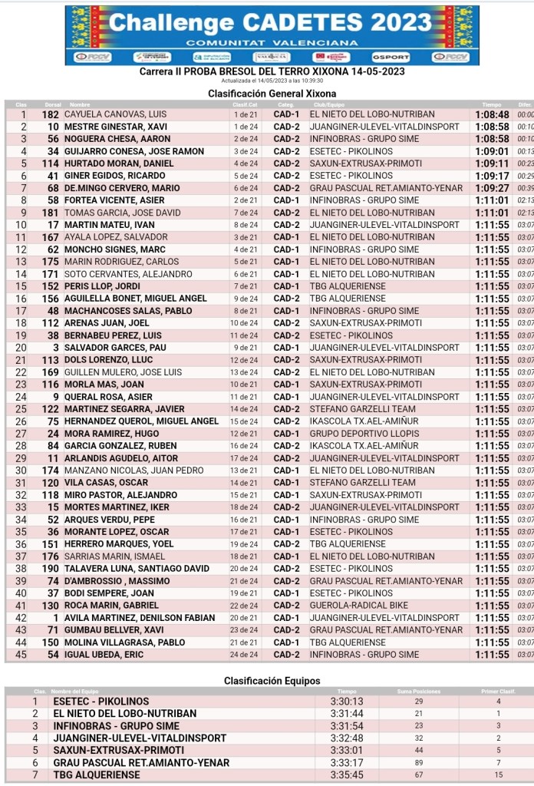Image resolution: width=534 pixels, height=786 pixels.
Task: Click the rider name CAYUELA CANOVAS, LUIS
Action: (115, 114)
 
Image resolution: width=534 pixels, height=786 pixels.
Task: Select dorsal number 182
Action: (51, 114)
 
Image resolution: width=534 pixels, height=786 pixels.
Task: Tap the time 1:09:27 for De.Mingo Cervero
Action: (493, 188)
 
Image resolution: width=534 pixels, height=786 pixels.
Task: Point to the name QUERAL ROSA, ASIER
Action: (108, 397)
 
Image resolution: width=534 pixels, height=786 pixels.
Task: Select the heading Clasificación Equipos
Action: (272, 681)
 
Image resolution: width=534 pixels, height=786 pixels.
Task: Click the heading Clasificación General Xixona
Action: (272, 94)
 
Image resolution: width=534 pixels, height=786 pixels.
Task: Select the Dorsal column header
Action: (52, 104)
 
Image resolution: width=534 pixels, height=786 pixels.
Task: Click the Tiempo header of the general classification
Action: (491, 104)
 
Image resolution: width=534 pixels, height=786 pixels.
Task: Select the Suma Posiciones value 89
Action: (419, 763)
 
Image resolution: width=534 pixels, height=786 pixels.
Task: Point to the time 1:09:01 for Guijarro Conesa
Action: (493, 151)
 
